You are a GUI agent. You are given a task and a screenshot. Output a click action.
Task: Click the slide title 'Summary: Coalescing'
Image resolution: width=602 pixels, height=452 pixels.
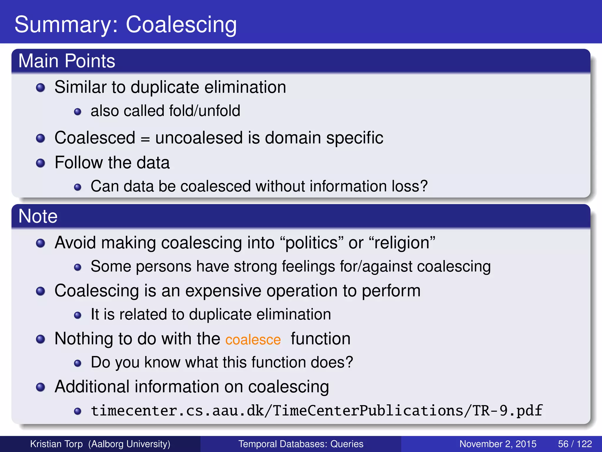point(126,25)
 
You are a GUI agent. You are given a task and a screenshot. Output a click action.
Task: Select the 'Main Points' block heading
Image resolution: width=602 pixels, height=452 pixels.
point(67,61)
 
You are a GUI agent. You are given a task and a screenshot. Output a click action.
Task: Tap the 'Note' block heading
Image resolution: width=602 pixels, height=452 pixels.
point(38,216)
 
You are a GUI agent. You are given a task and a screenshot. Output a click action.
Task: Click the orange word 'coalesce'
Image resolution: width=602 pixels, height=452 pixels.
point(253,340)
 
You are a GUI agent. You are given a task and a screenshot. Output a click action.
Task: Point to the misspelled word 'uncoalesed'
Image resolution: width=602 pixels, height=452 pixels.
point(199,138)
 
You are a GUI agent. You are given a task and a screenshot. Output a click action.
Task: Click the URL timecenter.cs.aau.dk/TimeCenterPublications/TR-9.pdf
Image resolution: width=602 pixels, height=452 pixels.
point(317,411)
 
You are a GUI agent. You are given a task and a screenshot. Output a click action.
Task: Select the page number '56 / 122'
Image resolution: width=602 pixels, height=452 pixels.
point(575,444)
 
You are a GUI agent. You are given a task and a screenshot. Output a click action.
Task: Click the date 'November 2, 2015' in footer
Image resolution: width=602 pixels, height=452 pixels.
point(498,444)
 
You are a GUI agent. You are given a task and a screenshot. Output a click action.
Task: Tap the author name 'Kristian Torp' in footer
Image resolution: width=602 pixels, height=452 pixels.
point(56,444)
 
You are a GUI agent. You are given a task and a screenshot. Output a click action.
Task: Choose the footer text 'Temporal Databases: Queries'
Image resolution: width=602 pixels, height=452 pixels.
point(301,444)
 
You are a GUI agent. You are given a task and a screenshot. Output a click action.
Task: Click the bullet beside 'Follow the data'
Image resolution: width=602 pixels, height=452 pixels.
point(41,163)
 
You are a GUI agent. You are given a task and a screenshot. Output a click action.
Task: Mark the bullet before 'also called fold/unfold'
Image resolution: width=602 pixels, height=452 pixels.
point(78,112)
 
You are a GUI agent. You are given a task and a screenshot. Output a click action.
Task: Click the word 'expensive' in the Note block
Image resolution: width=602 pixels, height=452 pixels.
point(223,291)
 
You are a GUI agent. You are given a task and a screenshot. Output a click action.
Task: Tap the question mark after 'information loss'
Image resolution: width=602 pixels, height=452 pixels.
point(424,186)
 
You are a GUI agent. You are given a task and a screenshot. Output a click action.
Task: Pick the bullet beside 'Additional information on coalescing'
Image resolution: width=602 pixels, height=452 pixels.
point(41,387)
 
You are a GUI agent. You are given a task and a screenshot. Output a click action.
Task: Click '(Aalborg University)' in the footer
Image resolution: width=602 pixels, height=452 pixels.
point(129,444)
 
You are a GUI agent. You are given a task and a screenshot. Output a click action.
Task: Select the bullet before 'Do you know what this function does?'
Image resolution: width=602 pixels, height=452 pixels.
point(78,363)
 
